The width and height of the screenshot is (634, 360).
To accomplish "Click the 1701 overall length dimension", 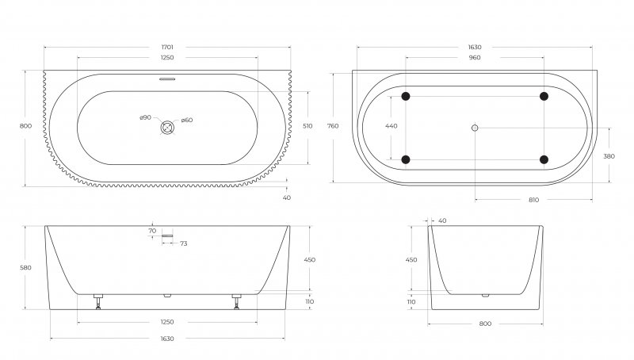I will point(167,48).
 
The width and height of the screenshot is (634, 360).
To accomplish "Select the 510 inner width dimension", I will point(307,125).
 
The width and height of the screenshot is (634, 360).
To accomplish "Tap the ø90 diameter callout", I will point(145,118).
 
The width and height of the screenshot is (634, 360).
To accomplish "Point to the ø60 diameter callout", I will point(187,121).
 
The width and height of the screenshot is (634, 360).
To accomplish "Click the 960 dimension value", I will point(474,58).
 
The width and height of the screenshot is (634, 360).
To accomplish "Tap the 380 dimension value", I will point(609,156).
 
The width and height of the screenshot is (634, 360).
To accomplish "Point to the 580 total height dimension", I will point(27,268).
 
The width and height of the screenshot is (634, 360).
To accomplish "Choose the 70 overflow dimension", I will point(151,232).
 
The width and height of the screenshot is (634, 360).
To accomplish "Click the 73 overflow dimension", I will point(183,243).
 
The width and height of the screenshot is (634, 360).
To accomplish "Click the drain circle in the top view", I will point(167,127).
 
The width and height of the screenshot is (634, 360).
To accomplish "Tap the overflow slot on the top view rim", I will point(167,79).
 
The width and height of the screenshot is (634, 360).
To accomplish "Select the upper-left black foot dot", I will point(406,97).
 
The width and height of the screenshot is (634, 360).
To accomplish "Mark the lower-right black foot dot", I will point(544,159).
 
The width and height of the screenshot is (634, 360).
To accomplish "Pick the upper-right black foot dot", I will point(544,97).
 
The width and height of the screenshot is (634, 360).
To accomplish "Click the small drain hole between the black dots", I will point(475,128).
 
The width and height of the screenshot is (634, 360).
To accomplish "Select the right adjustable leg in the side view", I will point(236,301).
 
